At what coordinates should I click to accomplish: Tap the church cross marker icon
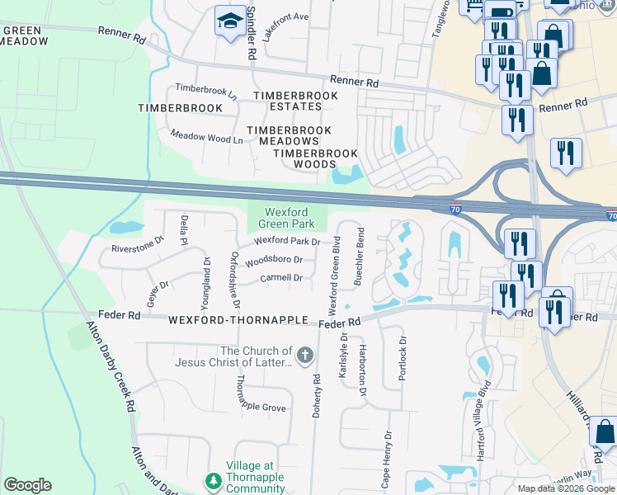pyautogui.click(x=304, y=356)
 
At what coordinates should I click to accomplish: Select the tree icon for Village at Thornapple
pyautogui.click(x=213, y=481)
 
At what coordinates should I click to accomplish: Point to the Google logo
pyautogui.click(x=27, y=485)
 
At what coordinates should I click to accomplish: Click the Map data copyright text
pyautogui.click(x=567, y=488)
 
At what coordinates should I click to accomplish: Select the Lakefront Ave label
pyautogui.click(x=285, y=16)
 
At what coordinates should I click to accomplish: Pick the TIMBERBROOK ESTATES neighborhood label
pyautogui.click(x=295, y=101)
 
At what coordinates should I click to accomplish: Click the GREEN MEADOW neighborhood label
pyautogui.click(x=23, y=35)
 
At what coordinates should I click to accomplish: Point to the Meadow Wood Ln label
pyautogui.click(x=206, y=138)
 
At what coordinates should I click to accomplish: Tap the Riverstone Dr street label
pyautogui.click(x=138, y=247)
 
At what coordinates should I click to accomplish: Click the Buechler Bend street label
pyautogui.click(x=359, y=257)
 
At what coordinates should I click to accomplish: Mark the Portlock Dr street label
pyautogui.click(x=403, y=357)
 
